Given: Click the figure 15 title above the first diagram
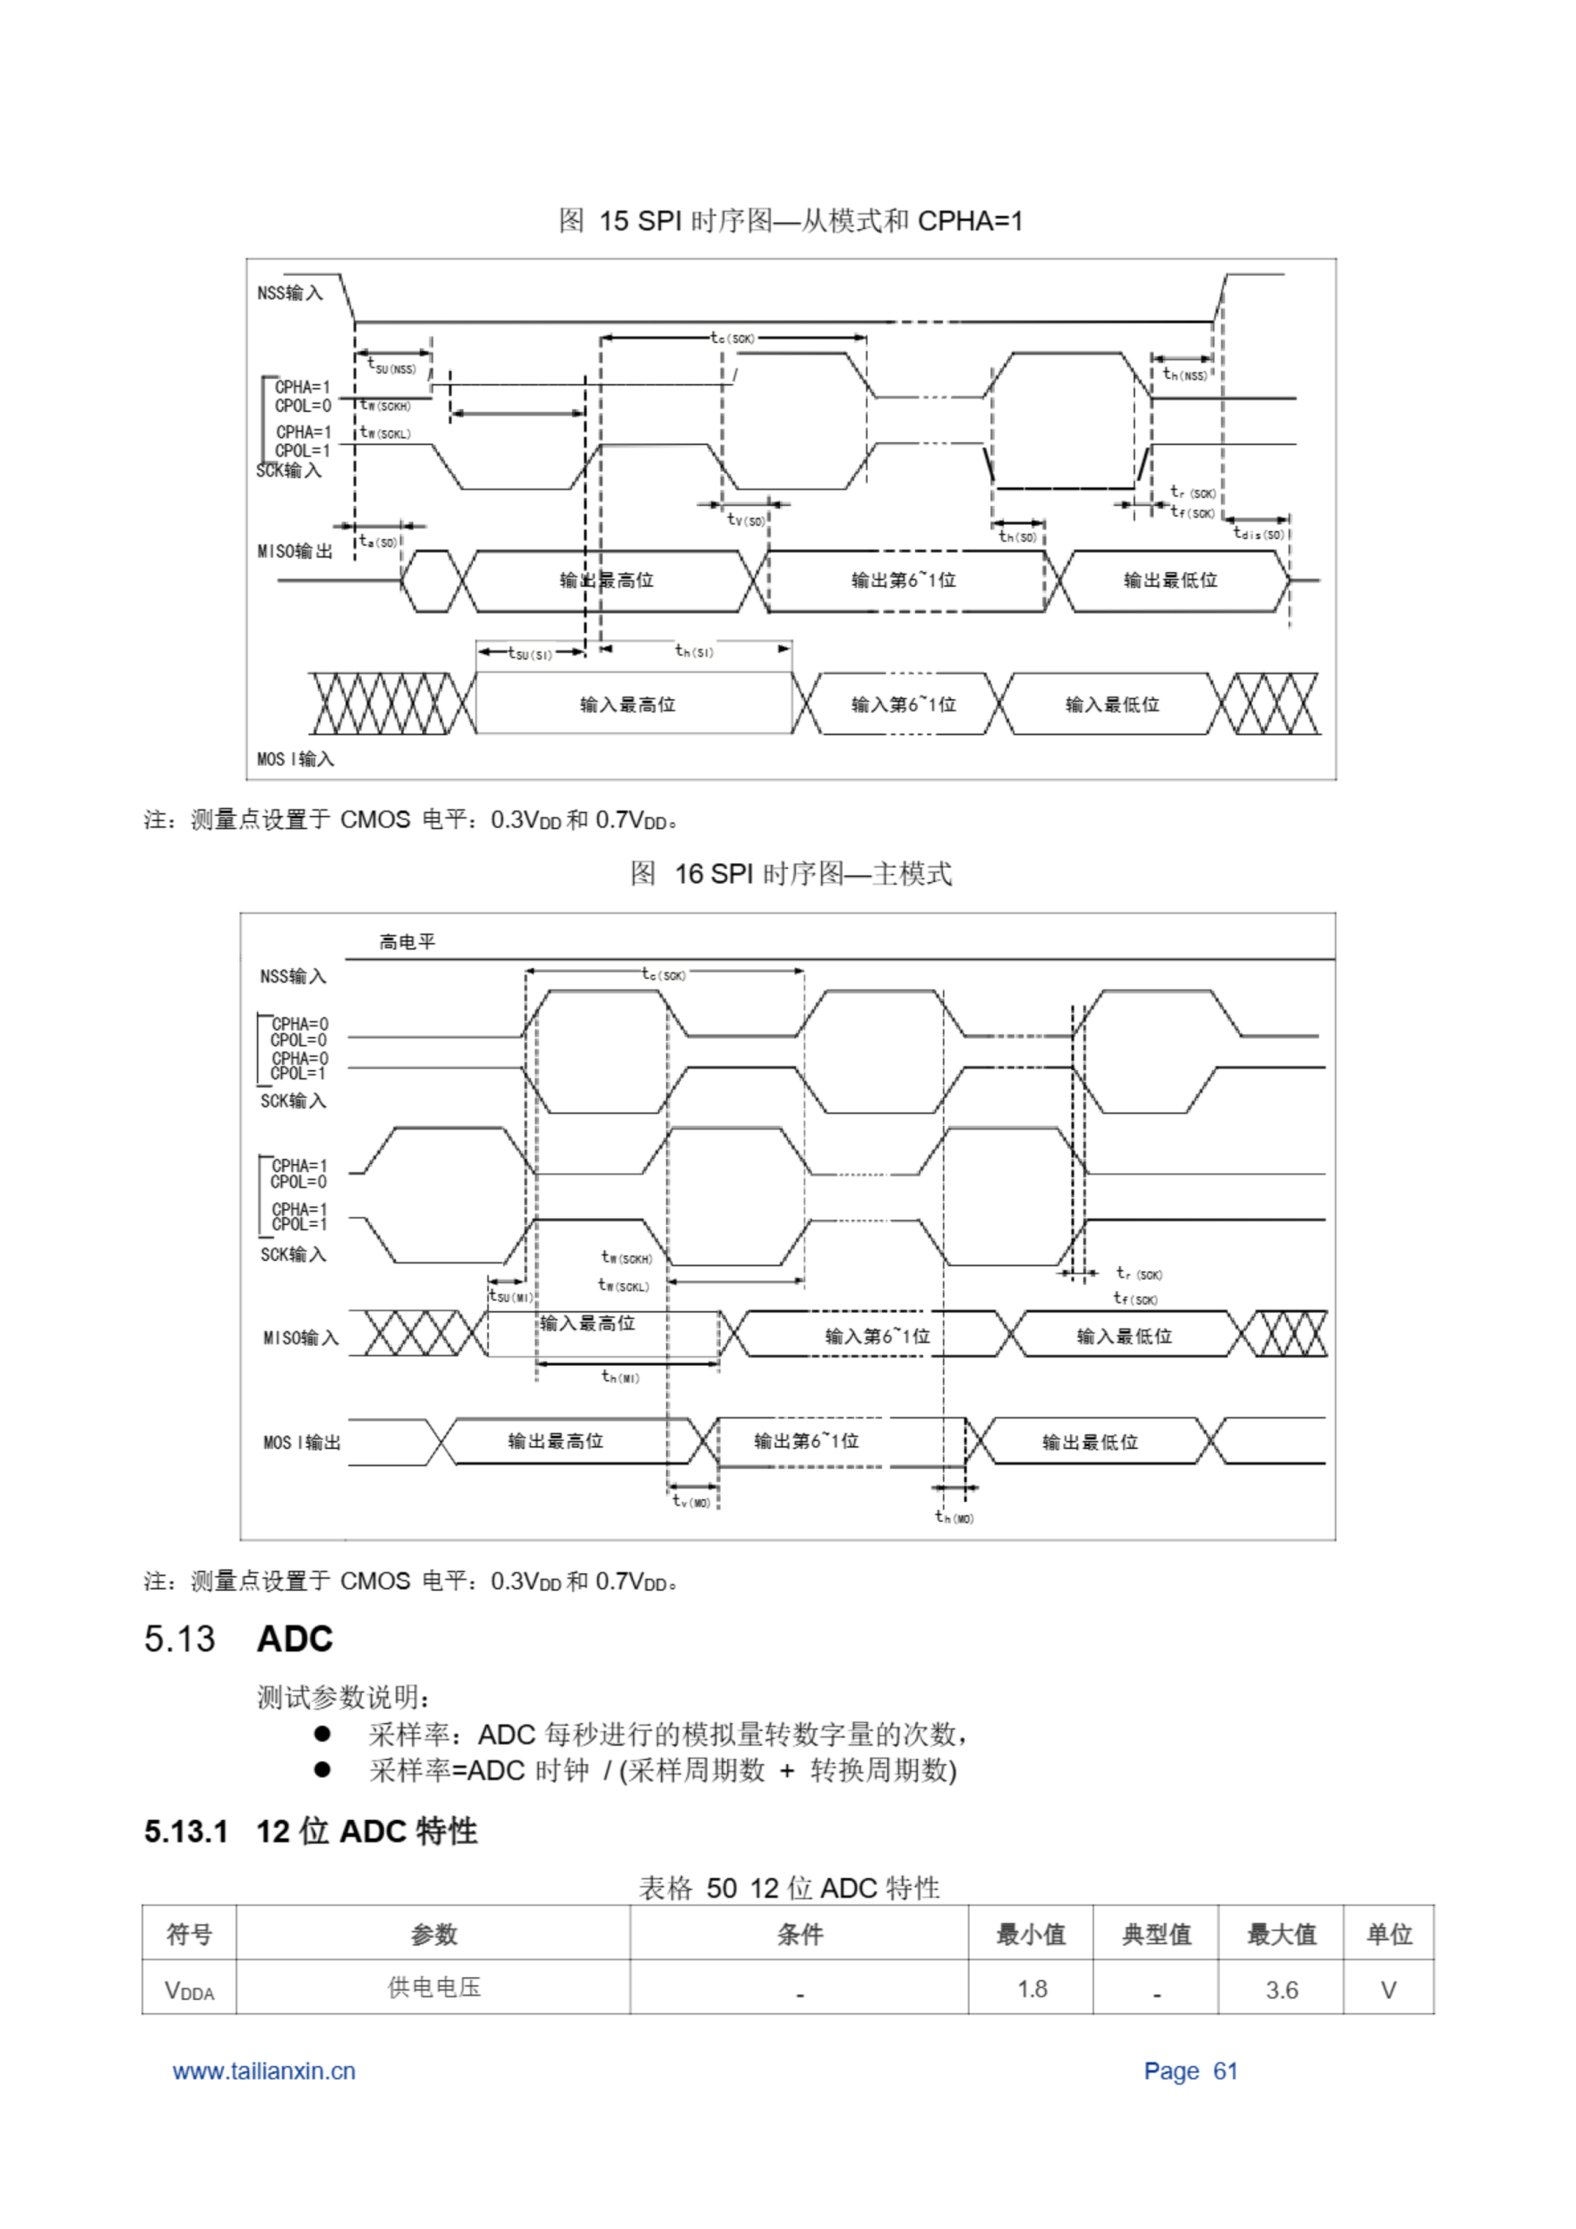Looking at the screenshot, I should (x=790, y=221).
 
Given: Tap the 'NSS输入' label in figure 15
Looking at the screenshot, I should (x=289, y=293).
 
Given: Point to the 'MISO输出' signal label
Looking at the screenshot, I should (x=294, y=551).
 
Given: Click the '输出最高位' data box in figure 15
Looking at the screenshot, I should (x=606, y=581).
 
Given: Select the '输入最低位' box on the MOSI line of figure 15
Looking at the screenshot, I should (x=1112, y=704).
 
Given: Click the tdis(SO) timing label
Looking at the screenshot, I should (x=1258, y=533).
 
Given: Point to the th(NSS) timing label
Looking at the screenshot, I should (x=1185, y=374).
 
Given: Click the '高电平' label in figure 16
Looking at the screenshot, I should (x=407, y=942).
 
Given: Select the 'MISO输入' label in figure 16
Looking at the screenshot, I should (x=301, y=1337).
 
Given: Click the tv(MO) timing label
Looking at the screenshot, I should (x=691, y=1502).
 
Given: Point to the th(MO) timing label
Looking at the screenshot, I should (x=953, y=1518).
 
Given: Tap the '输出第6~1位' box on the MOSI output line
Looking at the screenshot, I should (x=806, y=1441).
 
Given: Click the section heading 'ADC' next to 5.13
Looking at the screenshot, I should (x=294, y=1639).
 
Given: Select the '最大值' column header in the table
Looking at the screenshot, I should (x=1281, y=1934).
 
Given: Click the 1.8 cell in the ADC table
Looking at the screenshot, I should (x=1031, y=1990).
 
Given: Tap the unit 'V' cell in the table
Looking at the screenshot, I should (x=1389, y=1990).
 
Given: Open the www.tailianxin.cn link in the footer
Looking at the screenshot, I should (x=264, y=2071).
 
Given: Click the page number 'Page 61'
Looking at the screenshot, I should (x=1190, y=2071).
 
